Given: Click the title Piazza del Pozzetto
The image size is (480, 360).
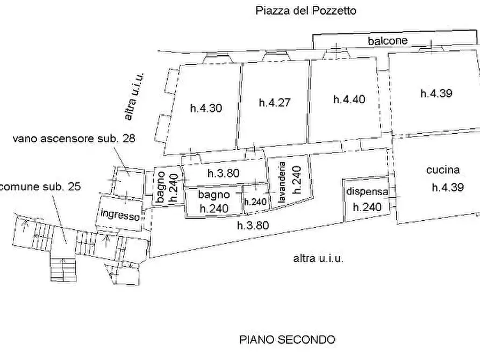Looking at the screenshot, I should click(x=305, y=11).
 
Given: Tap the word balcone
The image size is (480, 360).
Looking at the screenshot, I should click(x=388, y=41).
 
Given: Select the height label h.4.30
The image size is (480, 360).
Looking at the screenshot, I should click(x=206, y=108).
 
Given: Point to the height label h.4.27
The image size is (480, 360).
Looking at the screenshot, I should click(x=275, y=103).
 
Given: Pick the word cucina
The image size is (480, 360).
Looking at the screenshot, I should click(x=443, y=170).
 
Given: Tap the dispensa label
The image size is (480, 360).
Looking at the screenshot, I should click(x=367, y=192).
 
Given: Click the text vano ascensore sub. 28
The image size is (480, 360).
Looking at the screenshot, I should click(x=74, y=138).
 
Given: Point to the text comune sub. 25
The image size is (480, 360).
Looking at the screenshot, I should click(x=41, y=187).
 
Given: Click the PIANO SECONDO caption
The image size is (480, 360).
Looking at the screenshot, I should click(x=287, y=340).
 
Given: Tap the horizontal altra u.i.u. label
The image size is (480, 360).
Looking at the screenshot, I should click(x=318, y=258).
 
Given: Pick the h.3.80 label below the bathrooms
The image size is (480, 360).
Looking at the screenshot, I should click(x=253, y=226).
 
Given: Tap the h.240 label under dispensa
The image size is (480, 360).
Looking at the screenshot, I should click(x=367, y=207).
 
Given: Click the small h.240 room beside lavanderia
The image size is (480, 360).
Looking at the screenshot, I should click(x=255, y=202).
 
